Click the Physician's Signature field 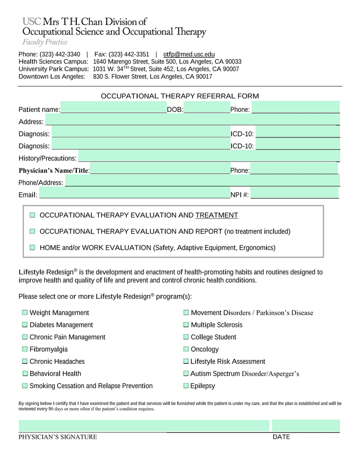pos(144,426)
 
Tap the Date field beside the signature pos(306,426)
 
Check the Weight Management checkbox pos(24,313)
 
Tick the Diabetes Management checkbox pos(24,325)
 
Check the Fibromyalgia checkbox pos(24,349)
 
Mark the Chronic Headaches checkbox pos(24,361)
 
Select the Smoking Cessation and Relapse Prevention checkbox pos(24,386)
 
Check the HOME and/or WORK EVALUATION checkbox pos(33,247)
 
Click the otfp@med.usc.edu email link pos(189,54)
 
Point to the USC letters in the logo pos(32,22)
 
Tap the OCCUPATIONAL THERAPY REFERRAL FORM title pos(180,96)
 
